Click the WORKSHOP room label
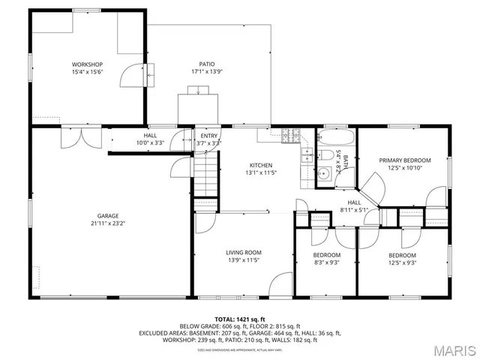[87, 64]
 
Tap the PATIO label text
[207, 64]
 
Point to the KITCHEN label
[261, 165]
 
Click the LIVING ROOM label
[244, 253]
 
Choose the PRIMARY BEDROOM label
[405, 160]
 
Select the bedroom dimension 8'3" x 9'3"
[327, 262]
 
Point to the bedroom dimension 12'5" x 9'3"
[403, 262]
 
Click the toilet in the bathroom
[328, 156]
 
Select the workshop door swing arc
[130, 73]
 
